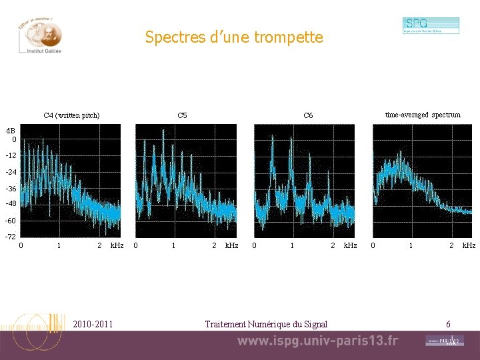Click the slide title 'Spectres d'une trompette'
coord(234,37)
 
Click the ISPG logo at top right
coord(430,25)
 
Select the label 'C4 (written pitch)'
coord(71,115)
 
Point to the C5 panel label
coord(182,115)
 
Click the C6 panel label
coord(308,115)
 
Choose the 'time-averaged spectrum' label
coord(423,115)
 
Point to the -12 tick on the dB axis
coord(11,155)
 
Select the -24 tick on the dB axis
coord(11,172)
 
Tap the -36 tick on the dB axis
coord(11,188)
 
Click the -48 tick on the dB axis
coord(11,204)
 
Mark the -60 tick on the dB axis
coord(11,221)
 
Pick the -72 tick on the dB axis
coord(11,237)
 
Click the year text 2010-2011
coord(93,324)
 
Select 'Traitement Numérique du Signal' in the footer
coord(266,324)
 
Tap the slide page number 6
coord(448,324)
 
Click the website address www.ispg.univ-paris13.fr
coord(317,341)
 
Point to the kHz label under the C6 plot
coord(350,245)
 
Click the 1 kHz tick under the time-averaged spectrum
coord(411,245)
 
